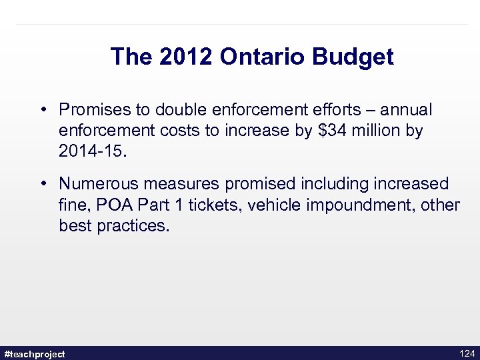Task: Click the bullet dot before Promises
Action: pos(42,109)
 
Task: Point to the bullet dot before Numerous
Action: pos(42,183)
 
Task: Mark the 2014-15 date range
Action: pos(90,152)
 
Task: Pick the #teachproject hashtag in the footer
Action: pos(35,354)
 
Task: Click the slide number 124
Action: pos(467,353)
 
